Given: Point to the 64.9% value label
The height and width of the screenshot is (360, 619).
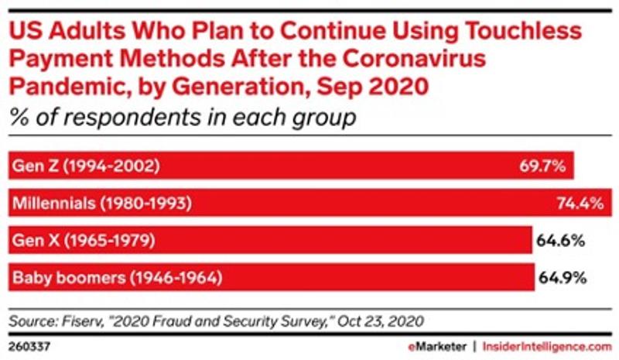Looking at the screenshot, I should (560, 276).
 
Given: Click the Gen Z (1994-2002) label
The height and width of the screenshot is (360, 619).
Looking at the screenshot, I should (86, 166).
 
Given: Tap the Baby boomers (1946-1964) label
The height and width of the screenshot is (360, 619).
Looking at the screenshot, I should (116, 276).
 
